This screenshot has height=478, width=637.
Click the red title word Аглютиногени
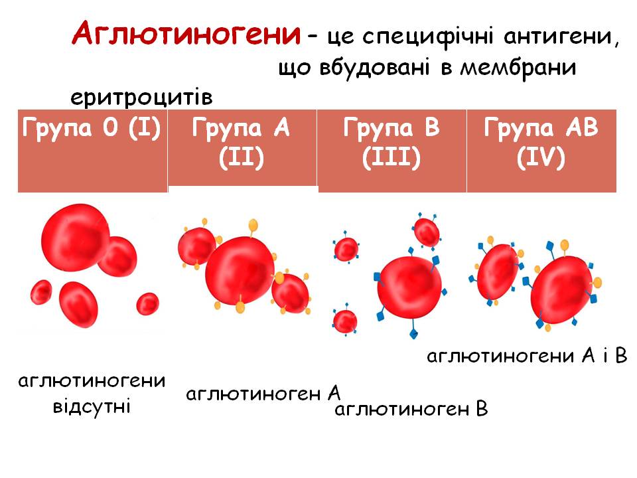[x=185, y=33]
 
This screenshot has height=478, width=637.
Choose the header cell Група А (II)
[x=242, y=143]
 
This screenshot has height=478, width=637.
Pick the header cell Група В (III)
[x=391, y=143]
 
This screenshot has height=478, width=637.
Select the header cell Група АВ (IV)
[x=541, y=143]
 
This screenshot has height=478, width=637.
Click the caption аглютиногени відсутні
[x=92, y=393]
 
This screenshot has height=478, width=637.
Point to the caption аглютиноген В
[x=411, y=409]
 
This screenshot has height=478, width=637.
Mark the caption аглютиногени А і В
[x=527, y=357]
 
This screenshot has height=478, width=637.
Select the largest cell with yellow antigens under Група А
[x=240, y=269]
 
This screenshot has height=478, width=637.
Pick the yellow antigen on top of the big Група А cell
[x=252, y=224]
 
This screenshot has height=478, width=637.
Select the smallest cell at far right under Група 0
[x=147, y=303]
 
